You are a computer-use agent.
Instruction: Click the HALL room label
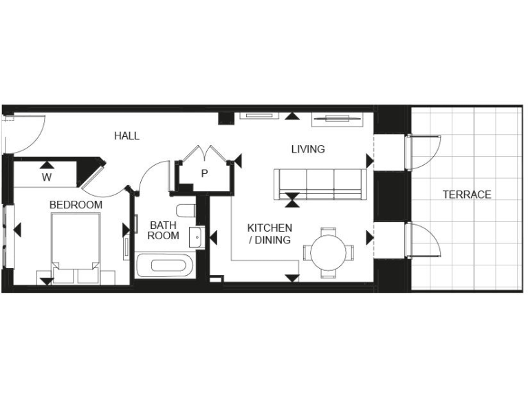pyautogui.click(x=126, y=136)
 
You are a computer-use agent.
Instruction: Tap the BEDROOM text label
pyautogui.click(x=76, y=205)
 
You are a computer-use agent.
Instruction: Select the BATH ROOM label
pyautogui.click(x=164, y=230)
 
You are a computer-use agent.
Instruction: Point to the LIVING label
pyautogui.click(x=307, y=149)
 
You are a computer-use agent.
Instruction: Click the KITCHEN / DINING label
pyautogui.click(x=269, y=234)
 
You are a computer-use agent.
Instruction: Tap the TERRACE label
pyautogui.click(x=466, y=195)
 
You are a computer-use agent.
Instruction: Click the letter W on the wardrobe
pyautogui.click(x=47, y=177)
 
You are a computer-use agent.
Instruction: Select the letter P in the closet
pyautogui.click(x=204, y=174)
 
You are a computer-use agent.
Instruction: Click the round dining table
pyautogui.click(x=329, y=252)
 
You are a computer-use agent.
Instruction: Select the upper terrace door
pyautogui.click(x=424, y=153)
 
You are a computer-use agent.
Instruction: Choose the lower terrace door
pyautogui.click(x=424, y=239)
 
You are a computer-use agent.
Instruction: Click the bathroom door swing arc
pyautogui.click(x=151, y=175)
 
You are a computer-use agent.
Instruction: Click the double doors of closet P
pyautogui.click(x=204, y=154)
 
